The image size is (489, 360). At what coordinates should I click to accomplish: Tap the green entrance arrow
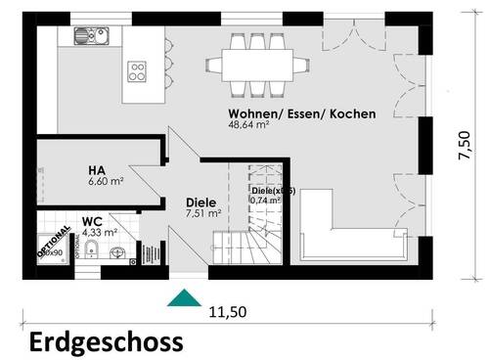pos(181,297)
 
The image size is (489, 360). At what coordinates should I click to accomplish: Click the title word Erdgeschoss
pos(105,341)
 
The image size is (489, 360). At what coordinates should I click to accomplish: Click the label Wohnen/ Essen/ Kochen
pos(301,114)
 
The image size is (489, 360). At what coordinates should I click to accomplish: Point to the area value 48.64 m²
pos(249,127)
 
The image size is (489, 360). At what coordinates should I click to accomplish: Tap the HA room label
pos(96,168)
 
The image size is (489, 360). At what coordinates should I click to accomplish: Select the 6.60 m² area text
pos(106,182)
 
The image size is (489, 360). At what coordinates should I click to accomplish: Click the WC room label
pos(93,221)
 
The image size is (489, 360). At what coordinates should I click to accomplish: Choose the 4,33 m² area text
pos(100,233)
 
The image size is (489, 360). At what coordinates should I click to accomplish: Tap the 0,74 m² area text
pos(265,201)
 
